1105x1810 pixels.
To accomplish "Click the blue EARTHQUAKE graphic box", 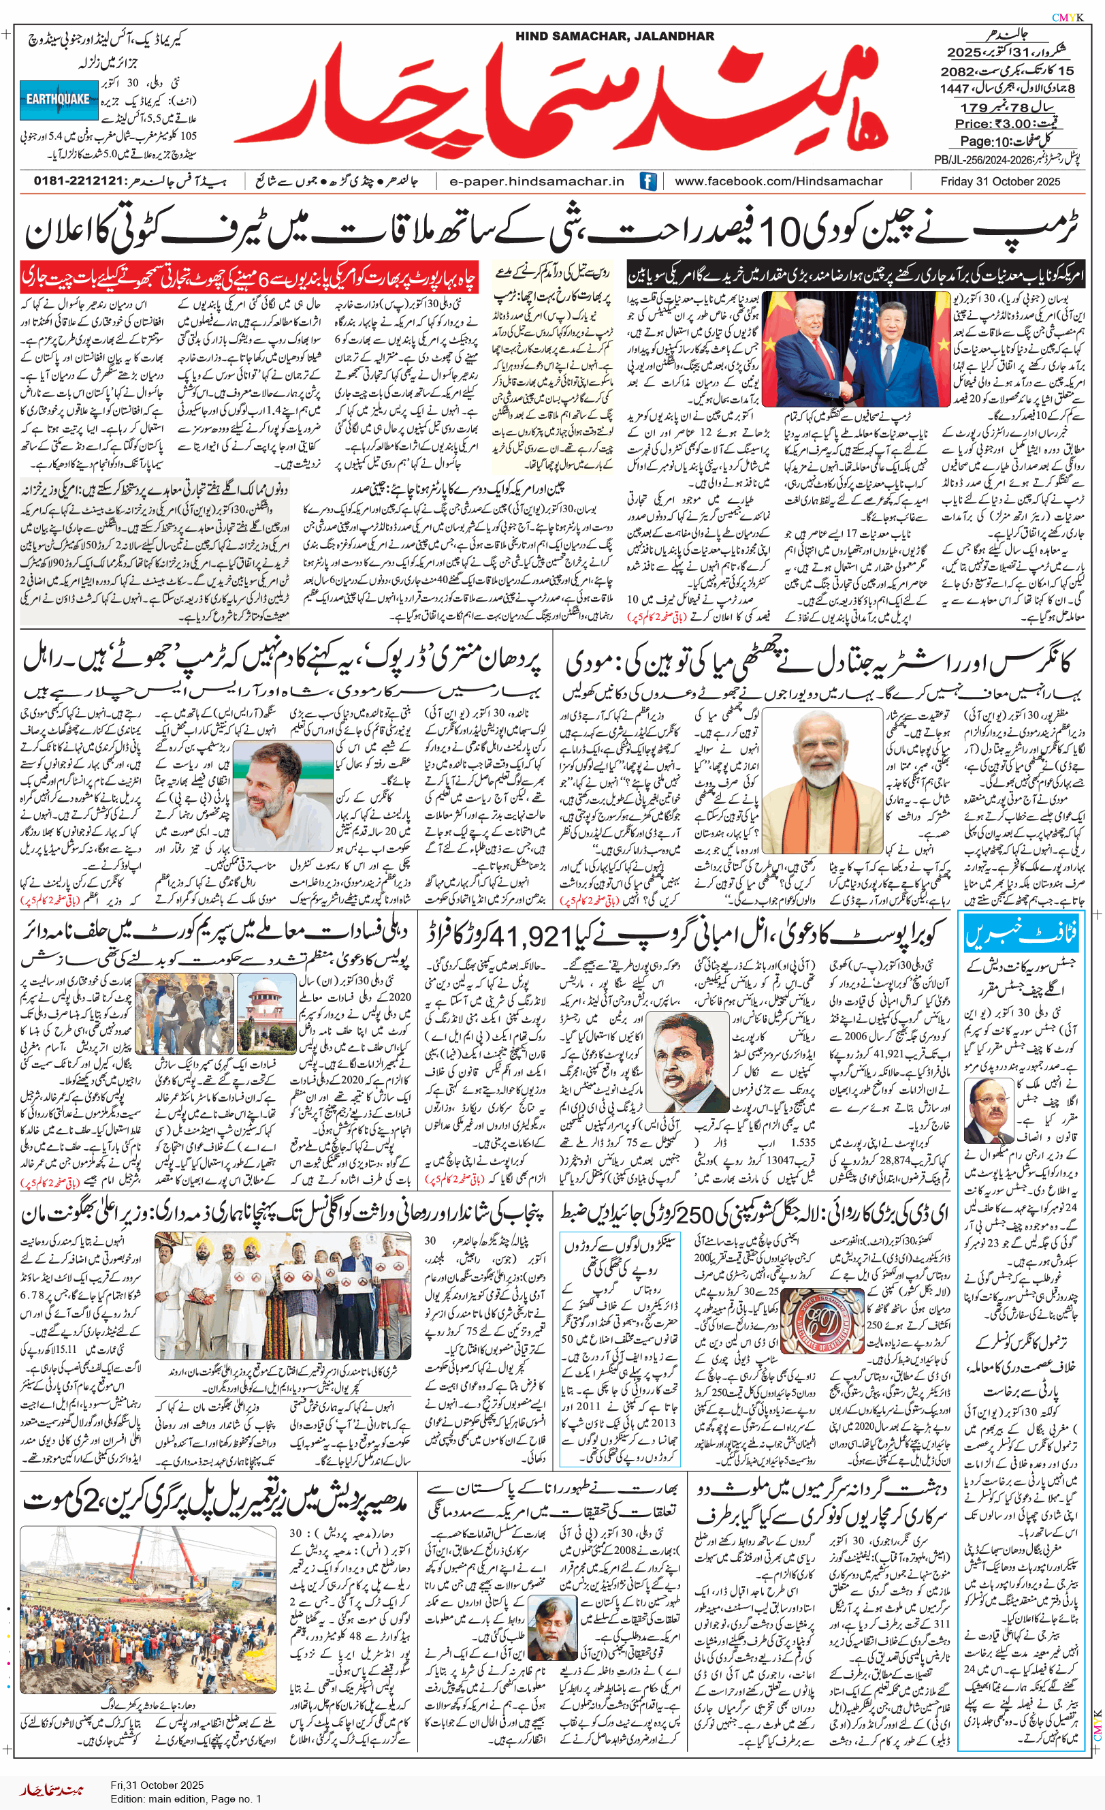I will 58,100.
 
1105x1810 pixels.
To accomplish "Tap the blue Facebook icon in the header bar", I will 647,181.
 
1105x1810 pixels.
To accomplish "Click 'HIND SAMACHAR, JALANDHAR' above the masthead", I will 614,36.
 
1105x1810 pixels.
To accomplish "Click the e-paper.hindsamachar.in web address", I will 537,181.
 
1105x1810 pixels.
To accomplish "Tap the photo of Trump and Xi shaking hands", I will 855,348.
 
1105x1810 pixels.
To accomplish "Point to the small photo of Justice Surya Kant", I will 989,1112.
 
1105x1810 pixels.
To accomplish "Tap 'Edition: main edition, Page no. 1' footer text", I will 186,1799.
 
